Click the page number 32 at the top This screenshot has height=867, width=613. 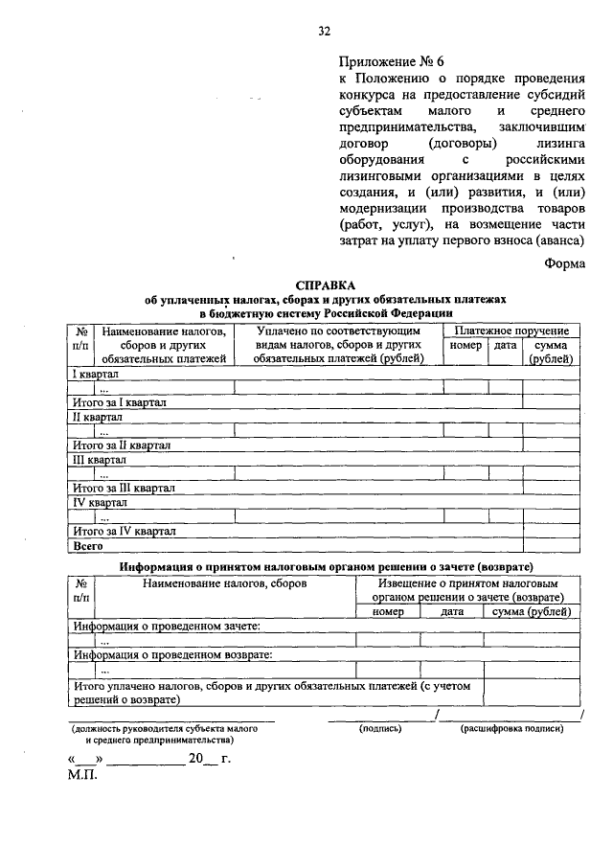pyautogui.click(x=324, y=31)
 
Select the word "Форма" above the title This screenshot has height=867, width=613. pyautogui.click(x=562, y=264)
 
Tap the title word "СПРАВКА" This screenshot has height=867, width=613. pyautogui.click(x=325, y=285)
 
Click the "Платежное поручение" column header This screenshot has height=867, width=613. pyautogui.click(x=512, y=331)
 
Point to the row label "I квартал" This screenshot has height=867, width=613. pyautogui.click(x=96, y=373)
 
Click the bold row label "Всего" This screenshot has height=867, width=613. pyautogui.click(x=88, y=545)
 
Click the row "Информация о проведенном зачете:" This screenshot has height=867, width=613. pyautogui.click(x=167, y=626)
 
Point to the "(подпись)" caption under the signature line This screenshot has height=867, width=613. pyautogui.click(x=380, y=728)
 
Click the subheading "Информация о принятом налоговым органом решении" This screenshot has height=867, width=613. pyautogui.click(x=326, y=566)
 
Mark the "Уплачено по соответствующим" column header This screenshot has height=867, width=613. pyautogui.click(x=339, y=331)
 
